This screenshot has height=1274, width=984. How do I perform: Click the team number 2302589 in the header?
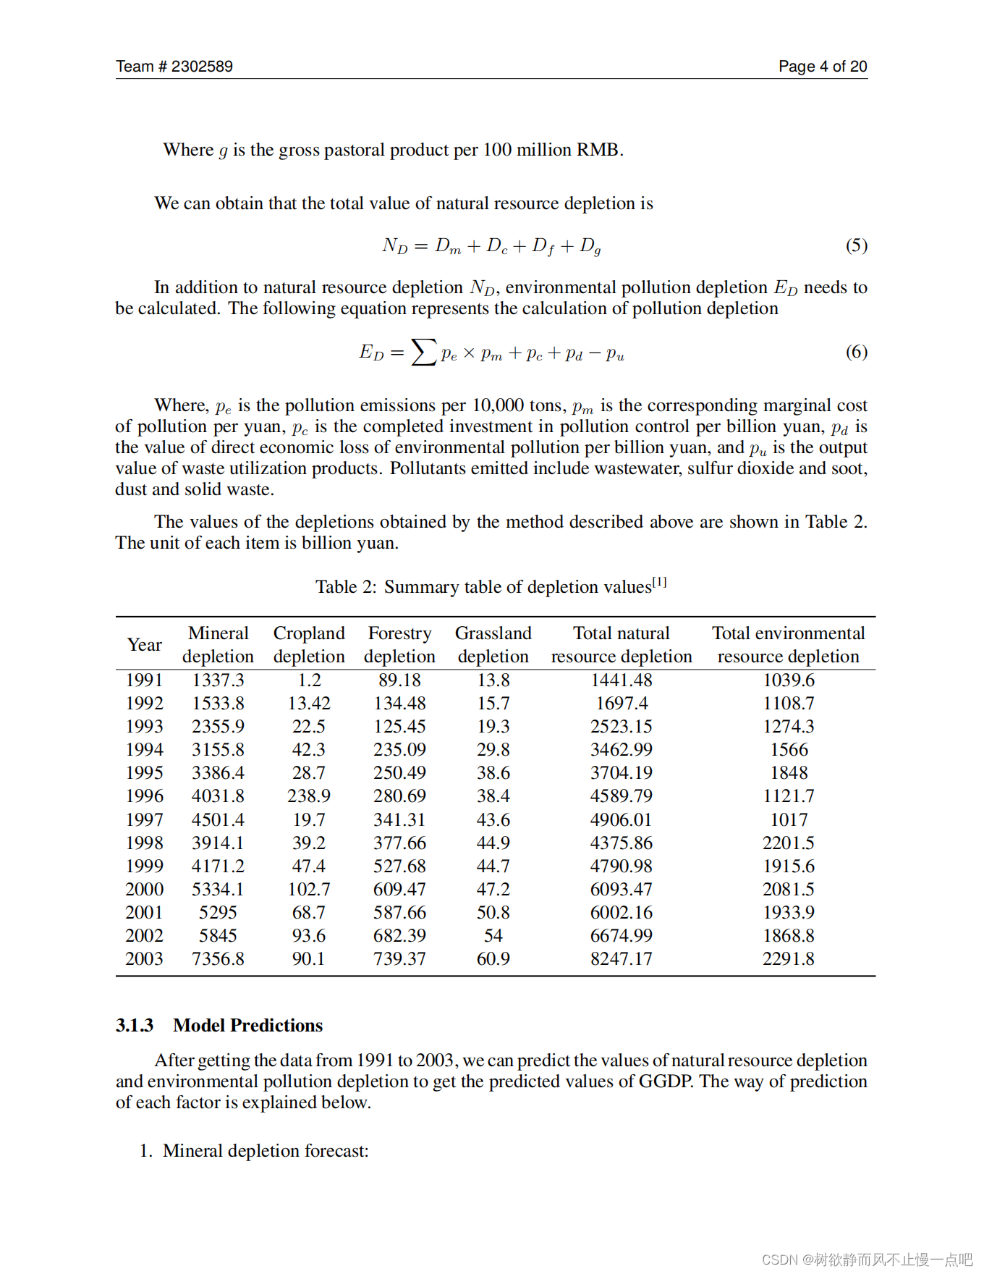(202, 67)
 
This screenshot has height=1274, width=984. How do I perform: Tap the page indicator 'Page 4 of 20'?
(823, 67)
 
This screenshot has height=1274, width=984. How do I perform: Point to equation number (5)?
(856, 245)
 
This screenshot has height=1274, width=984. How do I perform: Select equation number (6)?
(856, 352)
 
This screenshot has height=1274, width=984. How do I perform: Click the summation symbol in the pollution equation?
(424, 353)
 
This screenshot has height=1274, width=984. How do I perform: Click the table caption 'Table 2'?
(346, 587)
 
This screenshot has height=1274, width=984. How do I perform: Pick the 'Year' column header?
(145, 645)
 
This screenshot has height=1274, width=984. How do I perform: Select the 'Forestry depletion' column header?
(399, 645)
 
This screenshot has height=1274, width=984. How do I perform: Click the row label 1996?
(145, 796)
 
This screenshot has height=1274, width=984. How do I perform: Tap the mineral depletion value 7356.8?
(218, 959)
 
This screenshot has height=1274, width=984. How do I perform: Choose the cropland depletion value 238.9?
(309, 796)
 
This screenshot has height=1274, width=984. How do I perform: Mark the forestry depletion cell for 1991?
(399, 680)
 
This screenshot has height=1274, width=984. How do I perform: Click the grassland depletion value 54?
(493, 936)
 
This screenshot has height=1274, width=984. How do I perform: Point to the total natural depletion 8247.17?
(621, 959)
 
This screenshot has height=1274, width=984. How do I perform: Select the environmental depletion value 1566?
(789, 750)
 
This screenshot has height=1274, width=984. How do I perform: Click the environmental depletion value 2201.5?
(789, 843)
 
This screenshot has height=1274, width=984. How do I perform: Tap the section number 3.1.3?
(135, 1026)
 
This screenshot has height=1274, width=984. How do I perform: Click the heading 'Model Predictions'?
(247, 1026)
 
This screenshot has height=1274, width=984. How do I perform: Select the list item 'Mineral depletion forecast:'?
(266, 1151)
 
